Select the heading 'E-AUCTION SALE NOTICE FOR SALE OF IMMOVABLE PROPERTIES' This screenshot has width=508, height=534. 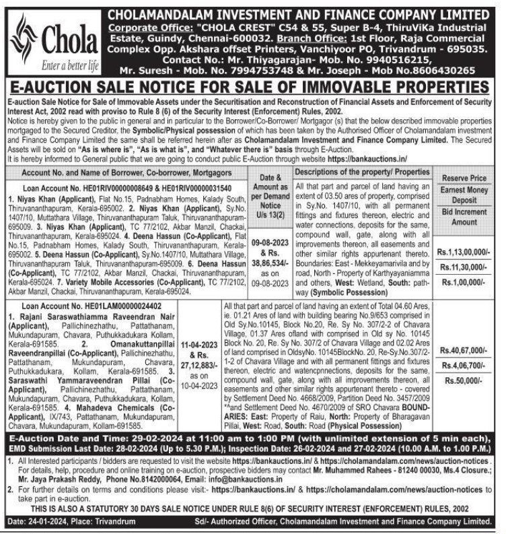pos(253,87)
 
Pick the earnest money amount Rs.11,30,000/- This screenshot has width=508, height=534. pos(465,266)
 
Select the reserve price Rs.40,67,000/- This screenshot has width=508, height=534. pos(465,350)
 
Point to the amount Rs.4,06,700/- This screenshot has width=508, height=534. pos(465,365)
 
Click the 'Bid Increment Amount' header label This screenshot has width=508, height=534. pos(465,217)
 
